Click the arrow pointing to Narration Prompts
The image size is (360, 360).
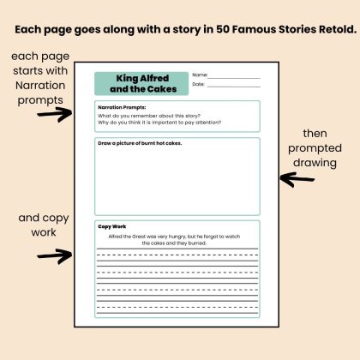coord(54,114)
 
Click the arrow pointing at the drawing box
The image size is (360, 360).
coord(297,179)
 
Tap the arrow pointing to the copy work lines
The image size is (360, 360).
coord(54,255)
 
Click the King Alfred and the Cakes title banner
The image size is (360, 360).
coord(141,83)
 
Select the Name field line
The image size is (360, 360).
coord(234,78)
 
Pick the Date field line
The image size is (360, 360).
coord(234,87)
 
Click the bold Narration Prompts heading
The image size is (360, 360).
coord(122,107)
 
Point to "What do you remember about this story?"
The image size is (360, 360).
coord(149,116)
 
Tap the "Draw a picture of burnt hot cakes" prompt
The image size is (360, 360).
coord(140,143)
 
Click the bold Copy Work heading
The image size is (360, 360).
coord(112,226)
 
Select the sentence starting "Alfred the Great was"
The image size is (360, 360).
coord(174,240)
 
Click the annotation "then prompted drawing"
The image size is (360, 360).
coord(315,148)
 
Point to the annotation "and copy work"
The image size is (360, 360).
coord(44,225)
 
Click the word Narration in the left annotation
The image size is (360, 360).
coord(40,85)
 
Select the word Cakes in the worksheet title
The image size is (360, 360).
coord(162,89)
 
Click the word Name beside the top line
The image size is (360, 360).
coord(200,75)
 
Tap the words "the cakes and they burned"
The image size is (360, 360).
coord(174,243)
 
